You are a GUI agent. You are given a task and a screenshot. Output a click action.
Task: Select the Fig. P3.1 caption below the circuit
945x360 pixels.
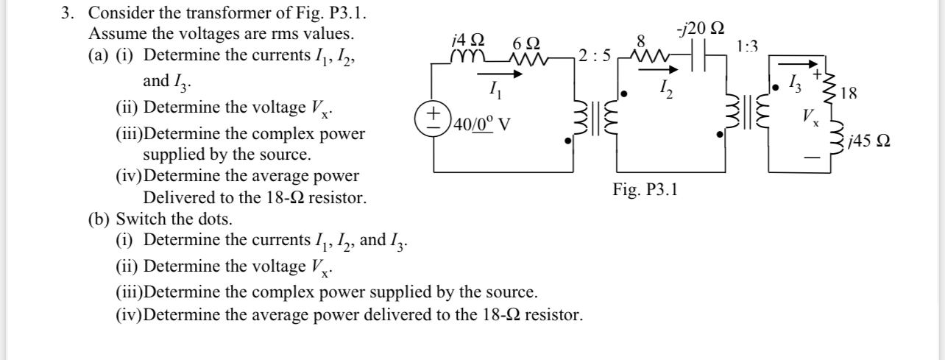645,190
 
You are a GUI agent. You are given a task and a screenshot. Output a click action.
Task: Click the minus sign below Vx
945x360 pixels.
809,157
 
